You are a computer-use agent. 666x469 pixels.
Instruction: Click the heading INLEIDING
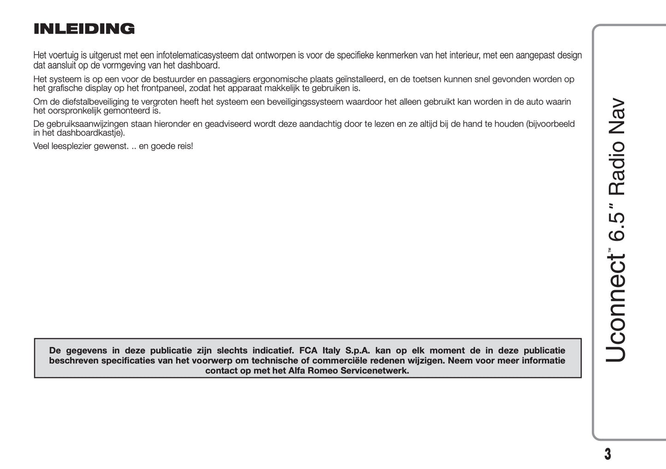pos(84,29)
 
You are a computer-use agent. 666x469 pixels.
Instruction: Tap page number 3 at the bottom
pos(607,454)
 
